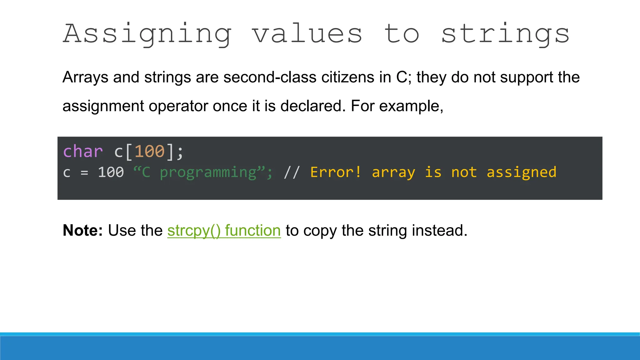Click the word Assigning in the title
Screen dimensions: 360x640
[147, 34]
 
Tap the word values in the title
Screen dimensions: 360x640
[307, 34]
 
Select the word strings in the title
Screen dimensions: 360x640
[505, 34]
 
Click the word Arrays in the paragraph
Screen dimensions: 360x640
[85, 77]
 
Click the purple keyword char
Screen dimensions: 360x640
[83, 152]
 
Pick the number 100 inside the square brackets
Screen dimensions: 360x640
[149, 152]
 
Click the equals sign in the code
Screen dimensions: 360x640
[84, 172]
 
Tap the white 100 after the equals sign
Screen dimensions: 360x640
[111, 172]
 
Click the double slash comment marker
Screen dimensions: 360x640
[292, 172]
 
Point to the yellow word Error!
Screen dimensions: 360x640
[336, 172]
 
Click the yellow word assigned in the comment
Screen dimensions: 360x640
[522, 172]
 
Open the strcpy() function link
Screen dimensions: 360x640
[224, 231]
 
